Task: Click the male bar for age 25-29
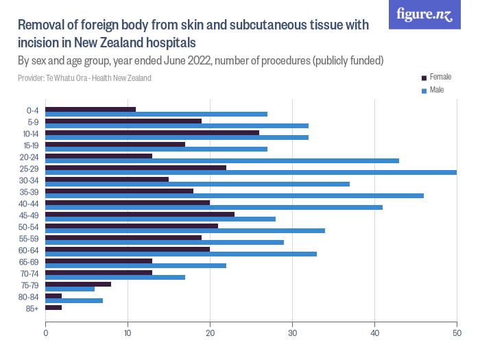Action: coord(251,172)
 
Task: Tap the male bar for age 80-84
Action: coord(74,300)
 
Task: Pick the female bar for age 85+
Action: coord(53,307)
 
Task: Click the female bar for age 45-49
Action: coord(140,214)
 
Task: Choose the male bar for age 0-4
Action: coord(156,114)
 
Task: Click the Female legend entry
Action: coord(440,77)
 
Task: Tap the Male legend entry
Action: coord(436,91)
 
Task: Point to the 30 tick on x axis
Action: coord(292,333)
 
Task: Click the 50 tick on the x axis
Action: coord(457,333)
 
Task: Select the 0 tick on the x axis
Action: coord(45,333)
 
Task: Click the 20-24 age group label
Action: coord(30,156)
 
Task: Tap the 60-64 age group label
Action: coord(30,250)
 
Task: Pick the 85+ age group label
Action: coord(33,308)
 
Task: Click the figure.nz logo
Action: coord(424,14)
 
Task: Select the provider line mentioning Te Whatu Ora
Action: coord(84,78)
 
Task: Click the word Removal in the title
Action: coord(42,26)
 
